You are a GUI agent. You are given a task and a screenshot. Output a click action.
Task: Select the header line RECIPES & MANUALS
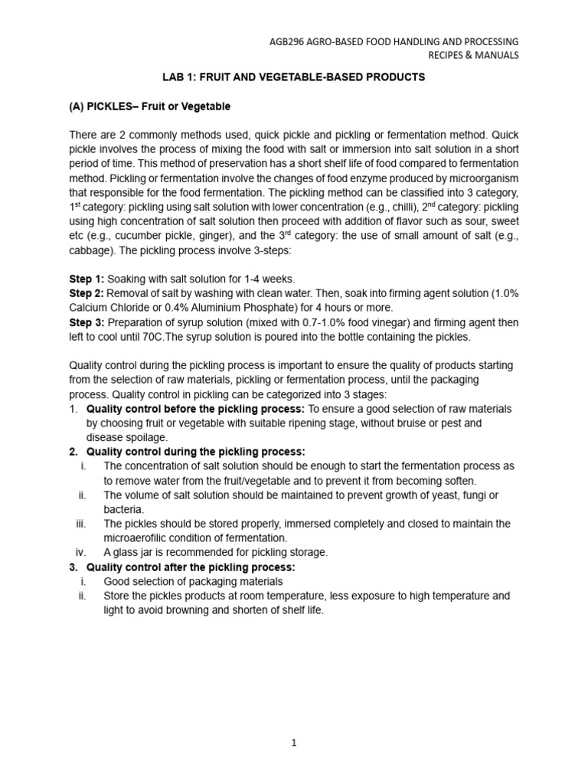click(x=472, y=55)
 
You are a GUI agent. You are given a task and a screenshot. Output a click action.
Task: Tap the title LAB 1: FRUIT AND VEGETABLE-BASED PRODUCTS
click(x=293, y=77)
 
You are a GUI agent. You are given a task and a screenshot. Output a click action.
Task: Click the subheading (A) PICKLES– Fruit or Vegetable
click(x=150, y=106)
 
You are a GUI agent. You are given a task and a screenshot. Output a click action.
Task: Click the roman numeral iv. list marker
click(x=81, y=553)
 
